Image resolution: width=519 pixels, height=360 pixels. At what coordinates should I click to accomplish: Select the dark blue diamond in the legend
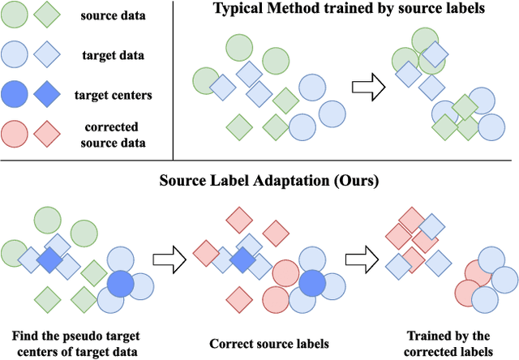point(48,94)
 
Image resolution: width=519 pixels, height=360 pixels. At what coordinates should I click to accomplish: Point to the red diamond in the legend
point(48,132)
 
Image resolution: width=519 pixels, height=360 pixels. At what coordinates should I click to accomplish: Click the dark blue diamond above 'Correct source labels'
point(242,261)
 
